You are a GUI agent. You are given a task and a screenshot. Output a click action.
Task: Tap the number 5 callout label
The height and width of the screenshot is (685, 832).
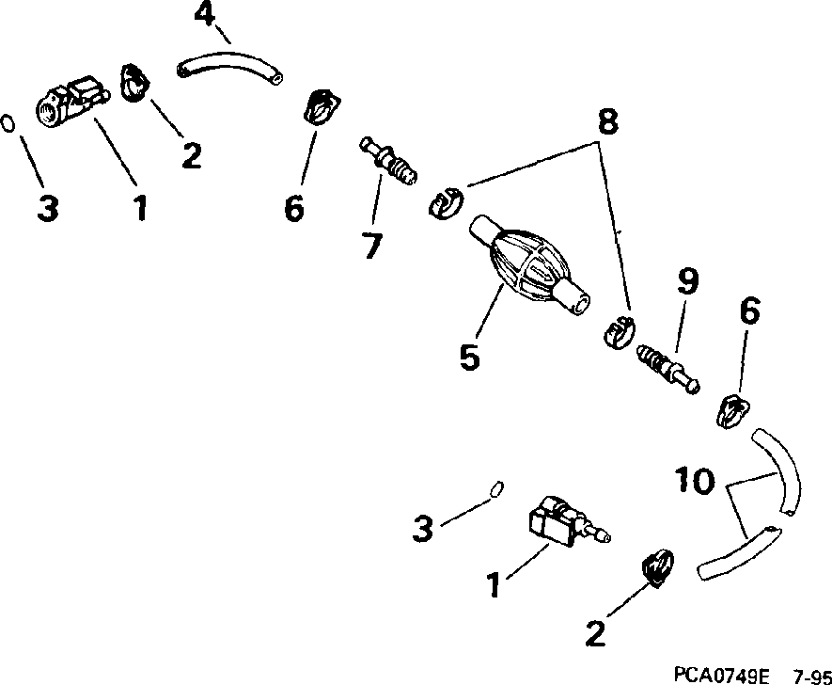469,357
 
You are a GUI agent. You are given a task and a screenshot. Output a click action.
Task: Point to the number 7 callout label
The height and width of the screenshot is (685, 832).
371,247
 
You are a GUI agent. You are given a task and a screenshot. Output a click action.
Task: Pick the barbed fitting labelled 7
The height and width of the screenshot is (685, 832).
390,161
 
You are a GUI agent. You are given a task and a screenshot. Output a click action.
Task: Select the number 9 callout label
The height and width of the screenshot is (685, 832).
687,280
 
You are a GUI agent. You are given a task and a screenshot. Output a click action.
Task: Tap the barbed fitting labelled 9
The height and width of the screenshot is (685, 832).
667,368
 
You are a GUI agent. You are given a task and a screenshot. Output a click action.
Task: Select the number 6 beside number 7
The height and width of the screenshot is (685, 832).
293,209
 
